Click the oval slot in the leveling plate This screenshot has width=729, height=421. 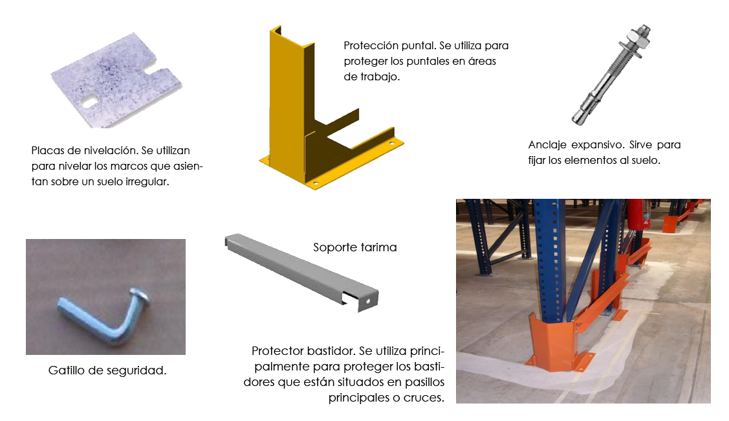[89, 100]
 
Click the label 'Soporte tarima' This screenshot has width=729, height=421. [354, 247]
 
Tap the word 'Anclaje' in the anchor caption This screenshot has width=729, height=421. [547, 145]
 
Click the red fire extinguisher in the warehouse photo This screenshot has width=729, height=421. [636, 214]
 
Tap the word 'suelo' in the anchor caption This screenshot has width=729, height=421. [644, 160]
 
